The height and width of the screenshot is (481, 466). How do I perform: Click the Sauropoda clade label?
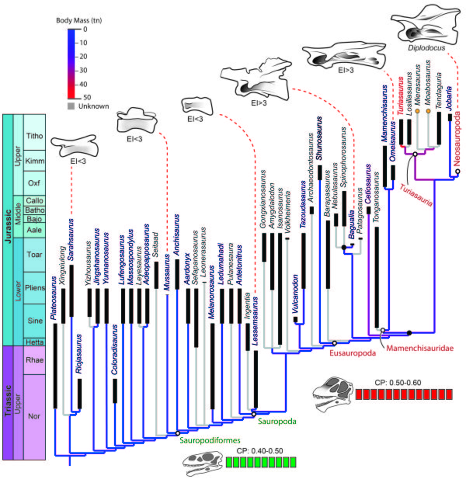[x=277, y=421]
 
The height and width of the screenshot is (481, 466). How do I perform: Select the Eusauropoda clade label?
[x=353, y=353]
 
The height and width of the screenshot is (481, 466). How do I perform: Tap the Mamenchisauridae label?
[x=419, y=348]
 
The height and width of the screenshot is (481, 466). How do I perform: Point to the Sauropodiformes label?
[x=210, y=440]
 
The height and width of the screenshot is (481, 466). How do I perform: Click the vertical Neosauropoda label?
[x=457, y=139]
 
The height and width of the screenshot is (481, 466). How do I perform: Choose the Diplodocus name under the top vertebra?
[x=426, y=48]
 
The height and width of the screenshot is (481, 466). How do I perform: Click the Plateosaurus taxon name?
[x=54, y=298]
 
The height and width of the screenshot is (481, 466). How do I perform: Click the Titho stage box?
[x=34, y=135]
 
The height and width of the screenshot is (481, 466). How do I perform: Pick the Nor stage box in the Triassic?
[x=34, y=416]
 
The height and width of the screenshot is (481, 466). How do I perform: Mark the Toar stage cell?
[x=34, y=254]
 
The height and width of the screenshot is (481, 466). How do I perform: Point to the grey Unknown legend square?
[x=71, y=106]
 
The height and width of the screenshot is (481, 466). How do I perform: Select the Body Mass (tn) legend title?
[x=79, y=20]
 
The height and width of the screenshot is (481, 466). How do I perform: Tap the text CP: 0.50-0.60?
[x=398, y=382]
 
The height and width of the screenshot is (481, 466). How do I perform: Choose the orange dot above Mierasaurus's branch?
[x=417, y=111]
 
